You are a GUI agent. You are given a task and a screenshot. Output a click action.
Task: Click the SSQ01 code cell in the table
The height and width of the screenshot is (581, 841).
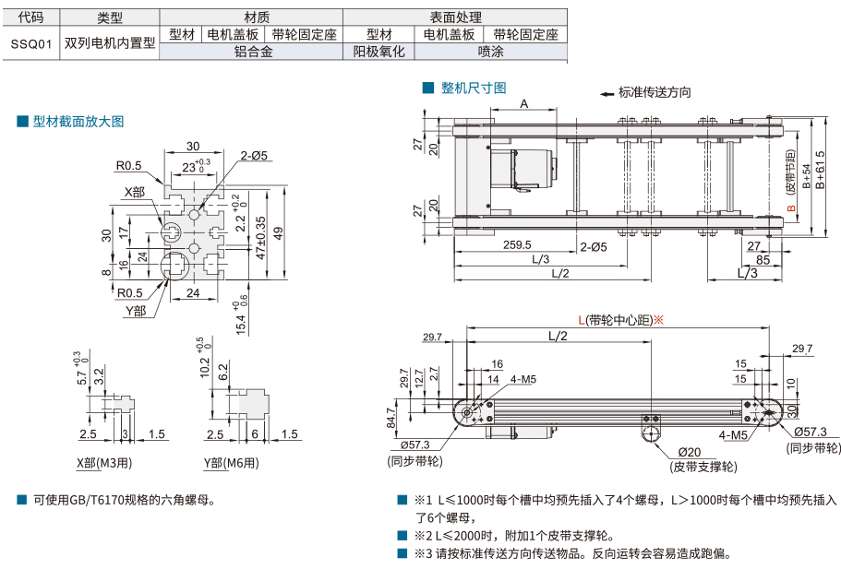click(x=30, y=42)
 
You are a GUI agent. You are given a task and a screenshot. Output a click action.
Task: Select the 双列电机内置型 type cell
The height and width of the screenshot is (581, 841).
click(x=110, y=42)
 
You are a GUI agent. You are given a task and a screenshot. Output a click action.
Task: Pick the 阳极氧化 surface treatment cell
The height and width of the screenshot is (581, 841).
click(x=379, y=53)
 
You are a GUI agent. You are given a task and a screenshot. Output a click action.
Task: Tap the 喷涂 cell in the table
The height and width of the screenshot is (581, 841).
click(x=490, y=53)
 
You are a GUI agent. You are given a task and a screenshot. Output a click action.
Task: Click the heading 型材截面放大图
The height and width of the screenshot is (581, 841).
click(x=78, y=121)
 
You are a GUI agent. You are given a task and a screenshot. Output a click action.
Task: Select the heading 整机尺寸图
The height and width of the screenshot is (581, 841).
click(x=474, y=88)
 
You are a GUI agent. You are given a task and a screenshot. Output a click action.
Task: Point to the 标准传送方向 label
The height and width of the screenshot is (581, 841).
click(x=655, y=92)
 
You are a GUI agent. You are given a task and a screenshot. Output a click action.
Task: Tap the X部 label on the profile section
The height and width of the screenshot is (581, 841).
click(x=135, y=192)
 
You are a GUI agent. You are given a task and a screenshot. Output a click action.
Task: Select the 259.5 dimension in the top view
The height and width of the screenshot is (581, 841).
click(x=516, y=245)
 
